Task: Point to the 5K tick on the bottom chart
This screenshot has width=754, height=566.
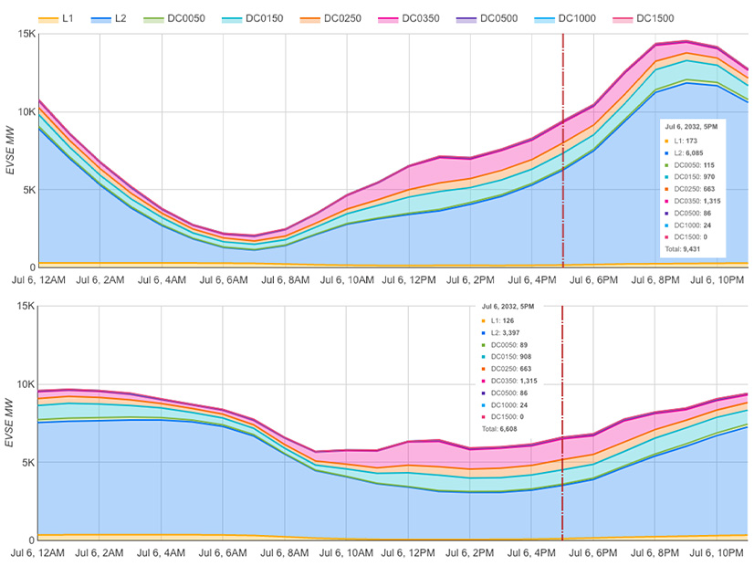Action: [26, 462]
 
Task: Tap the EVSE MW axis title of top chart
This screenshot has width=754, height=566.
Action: [11, 164]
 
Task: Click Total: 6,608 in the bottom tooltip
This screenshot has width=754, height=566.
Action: [504, 427]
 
